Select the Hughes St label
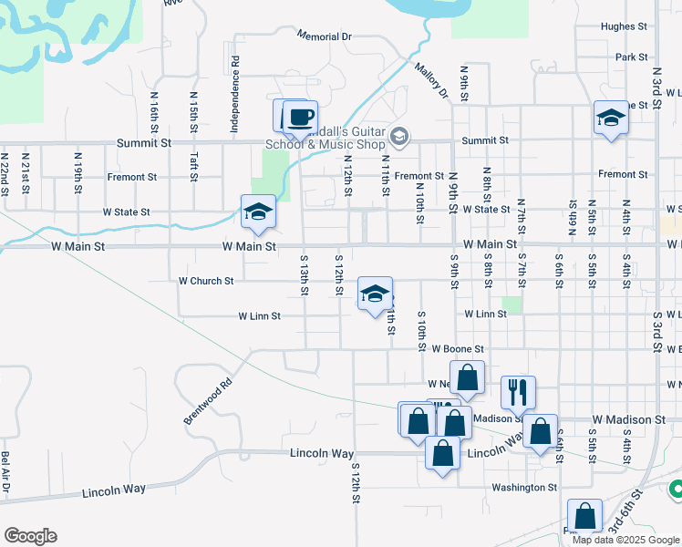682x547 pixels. click(624, 26)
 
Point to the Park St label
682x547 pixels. click(631, 57)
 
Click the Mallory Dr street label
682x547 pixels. click(430, 80)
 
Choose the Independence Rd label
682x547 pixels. click(234, 96)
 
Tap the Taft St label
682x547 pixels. click(193, 166)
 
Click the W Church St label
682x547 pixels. click(206, 281)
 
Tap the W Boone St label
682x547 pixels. click(457, 348)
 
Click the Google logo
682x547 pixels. click(30, 536)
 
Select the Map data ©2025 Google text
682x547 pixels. click(625, 540)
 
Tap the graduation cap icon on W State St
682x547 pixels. click(258, 212)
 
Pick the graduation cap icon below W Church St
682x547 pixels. click(374, 294)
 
